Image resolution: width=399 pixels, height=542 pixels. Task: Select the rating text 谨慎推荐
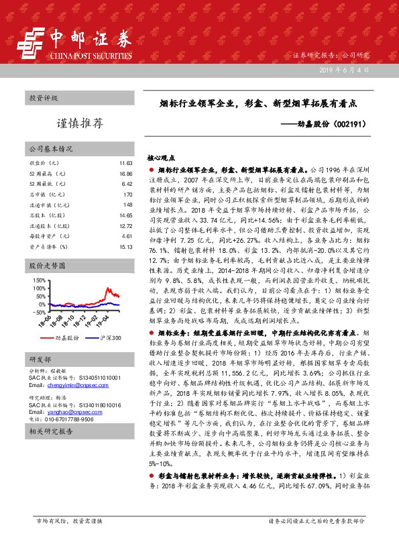point(79,123)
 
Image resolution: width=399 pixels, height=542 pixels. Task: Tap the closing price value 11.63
point(125,164)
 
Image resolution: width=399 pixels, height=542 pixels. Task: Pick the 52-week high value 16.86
point(125,174)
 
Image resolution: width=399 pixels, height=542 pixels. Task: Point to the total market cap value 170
point(127,195)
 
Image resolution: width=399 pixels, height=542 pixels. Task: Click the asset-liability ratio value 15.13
point(125,247)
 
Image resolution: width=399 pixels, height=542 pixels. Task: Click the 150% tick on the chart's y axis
point(39,280)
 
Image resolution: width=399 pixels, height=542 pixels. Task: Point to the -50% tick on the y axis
point(39,313)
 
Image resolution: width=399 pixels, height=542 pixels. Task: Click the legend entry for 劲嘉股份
point(68,339)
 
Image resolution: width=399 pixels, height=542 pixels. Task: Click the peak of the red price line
point(109,283)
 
